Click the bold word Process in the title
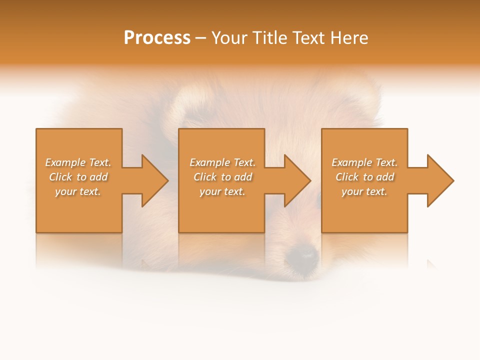[x=157, y=38]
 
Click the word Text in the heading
[x=309, y=38]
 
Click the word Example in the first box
[x=65, y=162]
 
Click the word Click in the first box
[x=60, y=177]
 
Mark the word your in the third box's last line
[x=352, y=191]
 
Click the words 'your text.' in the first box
[x=78, y=191]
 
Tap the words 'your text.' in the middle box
[x=222, y=191]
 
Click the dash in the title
[x=200, y=38]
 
